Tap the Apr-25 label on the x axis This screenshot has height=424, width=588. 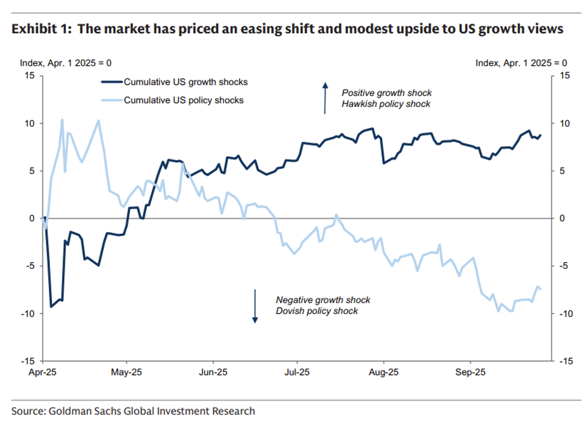[43, 371]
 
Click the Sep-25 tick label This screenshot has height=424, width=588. [470, 371]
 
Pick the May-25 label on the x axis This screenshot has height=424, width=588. [127, 371]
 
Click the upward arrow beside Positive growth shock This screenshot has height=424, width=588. [325, 98]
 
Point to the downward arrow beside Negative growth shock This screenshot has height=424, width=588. [255, 306]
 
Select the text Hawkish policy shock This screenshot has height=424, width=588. [386, 104]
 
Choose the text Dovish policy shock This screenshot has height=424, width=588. [317, 311]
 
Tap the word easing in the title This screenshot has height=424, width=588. [245, 29]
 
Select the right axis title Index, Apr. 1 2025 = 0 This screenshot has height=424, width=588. [521, 63]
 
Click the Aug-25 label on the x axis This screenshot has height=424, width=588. [384, 371]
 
